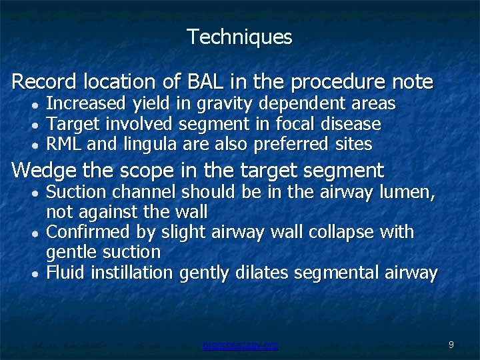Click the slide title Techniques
[x=239, y=37]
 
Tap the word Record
[x=44, y=82]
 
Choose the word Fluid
[x=66, y=273]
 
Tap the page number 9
[x=451, y=345]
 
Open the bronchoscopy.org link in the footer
[x=240, y=345]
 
